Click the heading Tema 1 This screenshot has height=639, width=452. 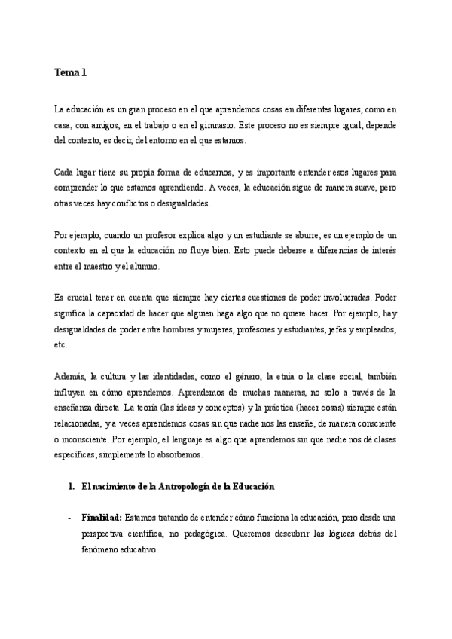[71, 73]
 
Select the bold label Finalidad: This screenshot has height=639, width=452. [102, 519]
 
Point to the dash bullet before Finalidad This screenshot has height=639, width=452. [69, 519]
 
